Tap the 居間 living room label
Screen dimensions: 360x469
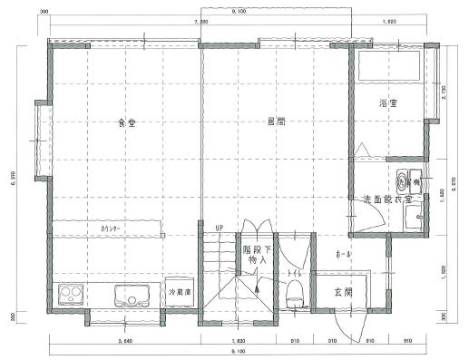click(275, 122)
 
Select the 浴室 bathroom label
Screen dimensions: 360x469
click(388, 104)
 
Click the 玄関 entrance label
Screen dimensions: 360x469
click(343, 291)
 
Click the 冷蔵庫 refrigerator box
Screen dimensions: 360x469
click(178, 292)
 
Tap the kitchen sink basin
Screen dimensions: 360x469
click(132, 296)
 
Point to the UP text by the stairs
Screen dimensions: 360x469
click(218, 228)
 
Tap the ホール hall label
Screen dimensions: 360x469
click(343, 254)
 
